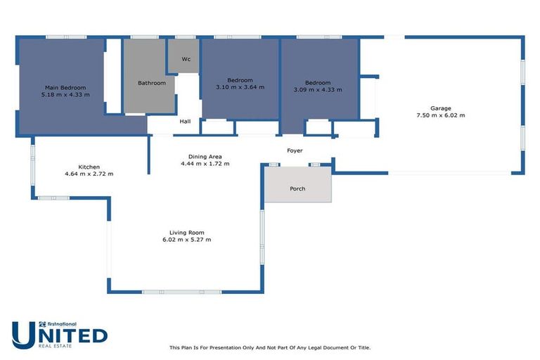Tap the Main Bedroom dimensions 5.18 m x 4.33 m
coord(65,94)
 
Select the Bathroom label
coord(152,83)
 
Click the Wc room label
coord(186,59)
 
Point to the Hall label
coord(185,122)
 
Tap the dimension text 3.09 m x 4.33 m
coord(317,89)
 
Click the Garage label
coord(441,108)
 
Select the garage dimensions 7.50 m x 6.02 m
coord(441,115)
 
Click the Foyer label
coord(295,151)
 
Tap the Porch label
coord(297,188)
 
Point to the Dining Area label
coord(205,156)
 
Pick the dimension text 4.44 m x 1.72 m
coord(205,164)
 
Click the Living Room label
coord(186,233)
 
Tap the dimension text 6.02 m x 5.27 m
coord(186,240)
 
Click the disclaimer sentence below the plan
coord(270,347)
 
